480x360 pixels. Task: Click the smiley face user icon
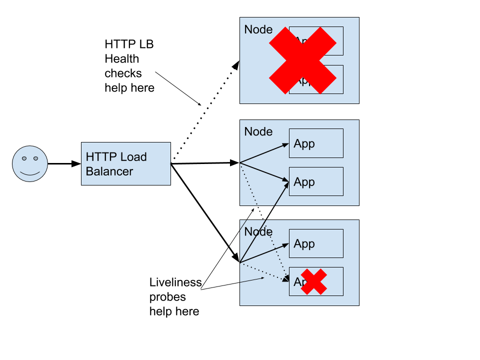30,164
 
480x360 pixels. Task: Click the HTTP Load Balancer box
126,163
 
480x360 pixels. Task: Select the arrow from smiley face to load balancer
64,163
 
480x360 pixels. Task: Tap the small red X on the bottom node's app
314,281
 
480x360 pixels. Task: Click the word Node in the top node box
258,29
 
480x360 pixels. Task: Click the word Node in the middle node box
258,132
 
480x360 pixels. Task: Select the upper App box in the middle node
316,143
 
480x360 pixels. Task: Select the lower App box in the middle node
316,181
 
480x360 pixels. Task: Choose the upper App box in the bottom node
316,243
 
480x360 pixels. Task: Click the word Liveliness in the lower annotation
175,282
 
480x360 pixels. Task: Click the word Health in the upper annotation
121,59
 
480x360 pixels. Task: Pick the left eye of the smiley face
24,158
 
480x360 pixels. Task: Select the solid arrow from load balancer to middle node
205,162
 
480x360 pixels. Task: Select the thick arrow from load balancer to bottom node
205,212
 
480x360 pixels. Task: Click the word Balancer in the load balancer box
109,171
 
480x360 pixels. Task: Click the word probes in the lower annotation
167,297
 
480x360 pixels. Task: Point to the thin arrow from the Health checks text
178,88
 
